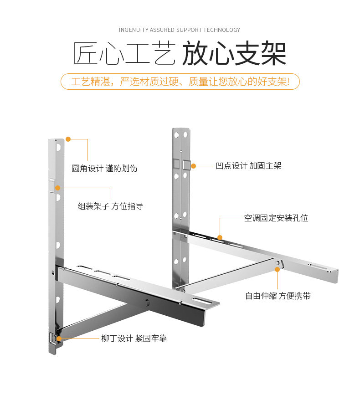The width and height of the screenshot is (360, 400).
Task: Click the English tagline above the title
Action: [180, 30]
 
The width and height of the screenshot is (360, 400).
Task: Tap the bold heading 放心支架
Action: [234, 55]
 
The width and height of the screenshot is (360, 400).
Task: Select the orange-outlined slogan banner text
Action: [180, 82]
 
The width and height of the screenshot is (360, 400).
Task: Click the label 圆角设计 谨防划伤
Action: [104, 169]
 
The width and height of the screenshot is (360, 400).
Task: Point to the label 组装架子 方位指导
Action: [110, 206]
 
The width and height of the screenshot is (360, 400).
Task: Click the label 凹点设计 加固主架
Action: [248, 166]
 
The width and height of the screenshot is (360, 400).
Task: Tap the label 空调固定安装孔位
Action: [276, 218]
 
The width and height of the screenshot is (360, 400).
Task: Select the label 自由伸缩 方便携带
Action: [278, 296]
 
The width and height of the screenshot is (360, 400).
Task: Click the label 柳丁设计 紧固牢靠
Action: [134, 338]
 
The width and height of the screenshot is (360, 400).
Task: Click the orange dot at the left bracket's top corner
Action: [68, 139]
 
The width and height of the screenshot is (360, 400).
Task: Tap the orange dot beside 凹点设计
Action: [193, 166]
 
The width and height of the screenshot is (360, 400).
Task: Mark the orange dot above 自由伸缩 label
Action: [277, 270]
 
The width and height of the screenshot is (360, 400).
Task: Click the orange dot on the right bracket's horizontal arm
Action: [220, 237]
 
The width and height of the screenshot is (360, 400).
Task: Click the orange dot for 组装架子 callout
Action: [58, 187]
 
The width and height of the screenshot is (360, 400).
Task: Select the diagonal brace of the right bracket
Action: [228, 276]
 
